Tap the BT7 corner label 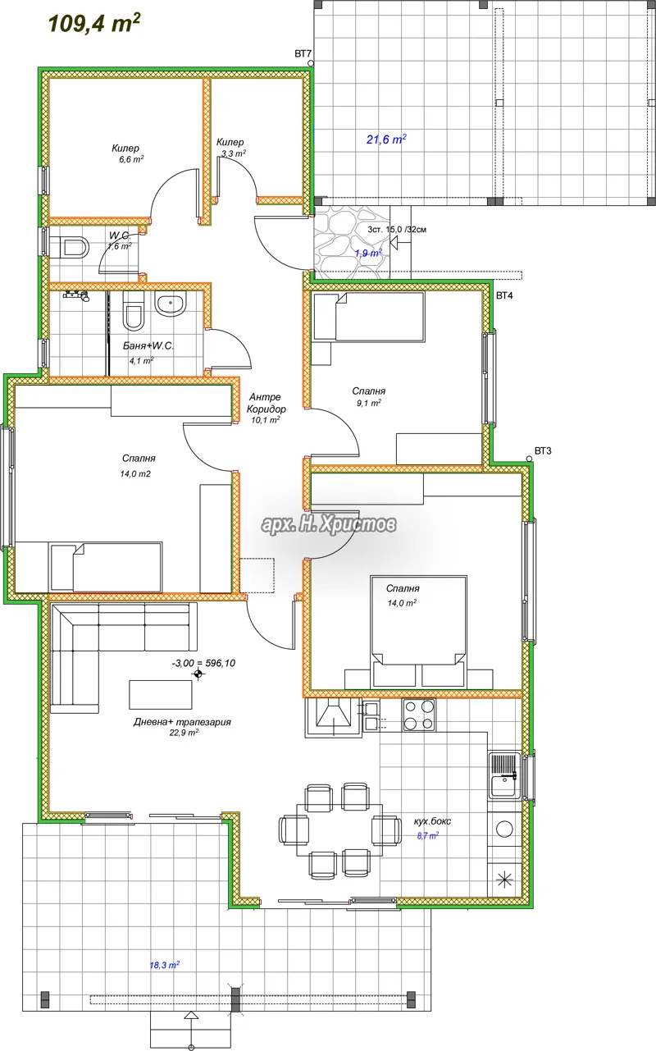(x=303, y=53)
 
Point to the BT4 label (x=504, y=295)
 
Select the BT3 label (x=543, y=451)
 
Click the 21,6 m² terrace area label (x=386, y=139)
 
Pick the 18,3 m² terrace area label (x=164, y=965)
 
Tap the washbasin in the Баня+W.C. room (x=171, y=304)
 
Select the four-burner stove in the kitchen (x=419, y=715)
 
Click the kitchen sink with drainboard (x=504, y=775)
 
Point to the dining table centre (x=339, y=829)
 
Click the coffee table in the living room (x=161, y=694)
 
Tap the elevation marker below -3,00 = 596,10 (x=198, y=674)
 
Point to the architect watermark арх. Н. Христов (x=328, y=523)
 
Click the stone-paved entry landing (x=352, y=243)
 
